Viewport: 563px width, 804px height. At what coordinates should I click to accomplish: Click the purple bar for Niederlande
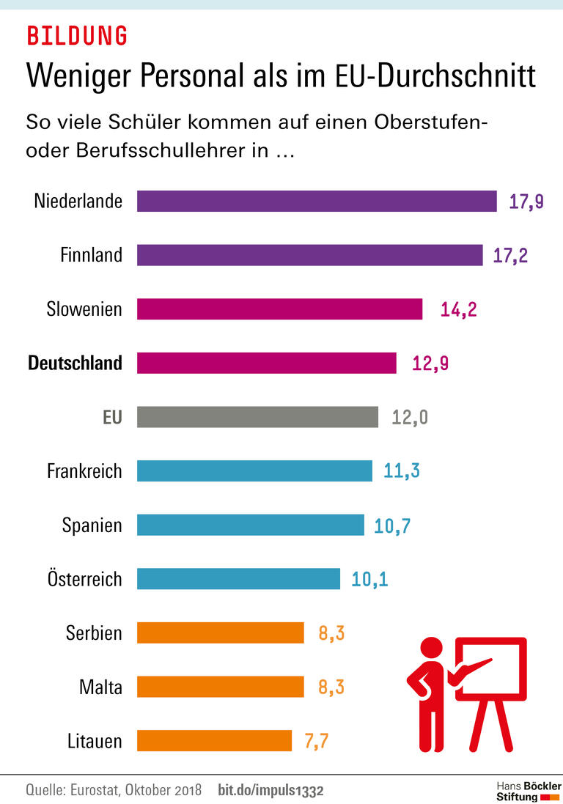(x=317, y=201)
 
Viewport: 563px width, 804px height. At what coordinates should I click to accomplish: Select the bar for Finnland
(x=309, y=255)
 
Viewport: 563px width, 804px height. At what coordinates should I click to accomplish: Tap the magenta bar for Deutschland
(x=266, y=363)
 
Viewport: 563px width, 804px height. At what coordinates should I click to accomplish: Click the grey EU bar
(x=257, y=417)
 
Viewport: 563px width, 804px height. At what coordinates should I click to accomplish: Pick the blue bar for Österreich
(x=238, y=579)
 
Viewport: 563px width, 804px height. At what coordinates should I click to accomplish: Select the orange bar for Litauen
(x=214, y=741)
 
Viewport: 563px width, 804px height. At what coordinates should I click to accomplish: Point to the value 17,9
(x=526, y=202)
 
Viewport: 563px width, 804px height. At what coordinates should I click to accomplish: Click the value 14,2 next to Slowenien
(x=458, y=309)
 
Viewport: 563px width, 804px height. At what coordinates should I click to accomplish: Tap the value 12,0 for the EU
(x=410, y=417)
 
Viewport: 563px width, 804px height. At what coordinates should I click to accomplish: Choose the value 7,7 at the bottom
(x=316, y=741)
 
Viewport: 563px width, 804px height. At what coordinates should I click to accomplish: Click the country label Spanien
(x=92, y=525)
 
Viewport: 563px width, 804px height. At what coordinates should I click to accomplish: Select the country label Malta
(x=100, y=687)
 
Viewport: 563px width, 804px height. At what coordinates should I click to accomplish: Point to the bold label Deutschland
(x=75, y=363)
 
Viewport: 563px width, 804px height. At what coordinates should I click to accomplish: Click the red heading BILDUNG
(x=77, y=35)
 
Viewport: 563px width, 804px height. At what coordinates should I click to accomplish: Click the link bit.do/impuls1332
(x=271, y=791)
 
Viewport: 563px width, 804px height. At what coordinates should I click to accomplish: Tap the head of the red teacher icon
(x=430, y=649)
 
